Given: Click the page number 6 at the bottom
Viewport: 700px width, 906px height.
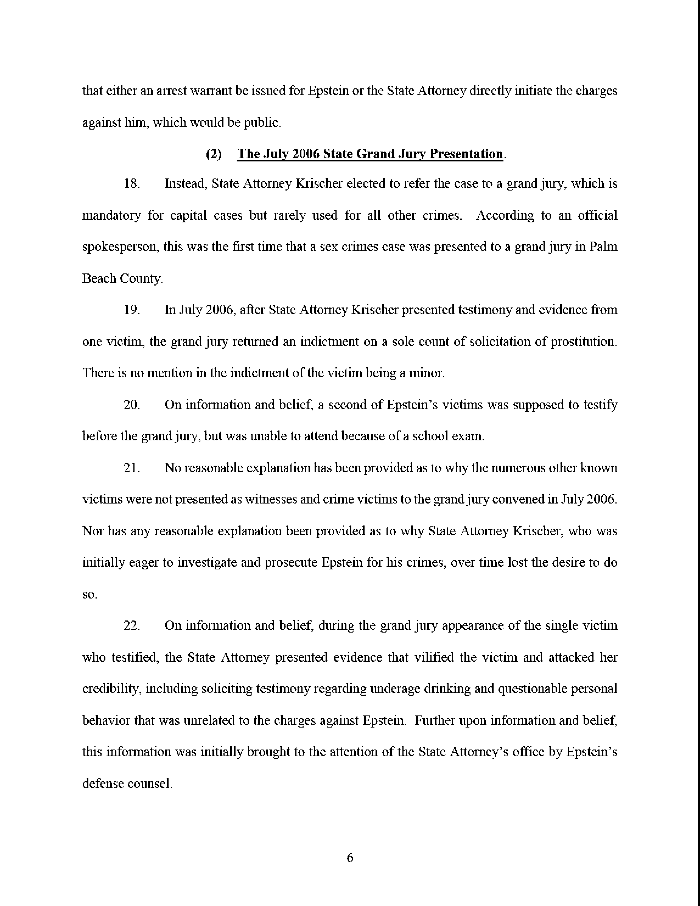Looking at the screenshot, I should coord(349,857).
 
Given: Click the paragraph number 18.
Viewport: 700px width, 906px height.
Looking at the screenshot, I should coord(131,183).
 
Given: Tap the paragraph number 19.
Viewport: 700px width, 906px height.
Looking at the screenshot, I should coord(131,310).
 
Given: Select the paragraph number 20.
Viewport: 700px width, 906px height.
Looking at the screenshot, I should coord(131,404).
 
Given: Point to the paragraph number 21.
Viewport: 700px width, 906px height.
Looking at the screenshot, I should coord(131,468).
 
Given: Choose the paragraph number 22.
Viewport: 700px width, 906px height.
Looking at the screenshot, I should coord(131,626).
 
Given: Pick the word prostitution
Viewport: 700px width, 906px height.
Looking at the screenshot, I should coord(583,342).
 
